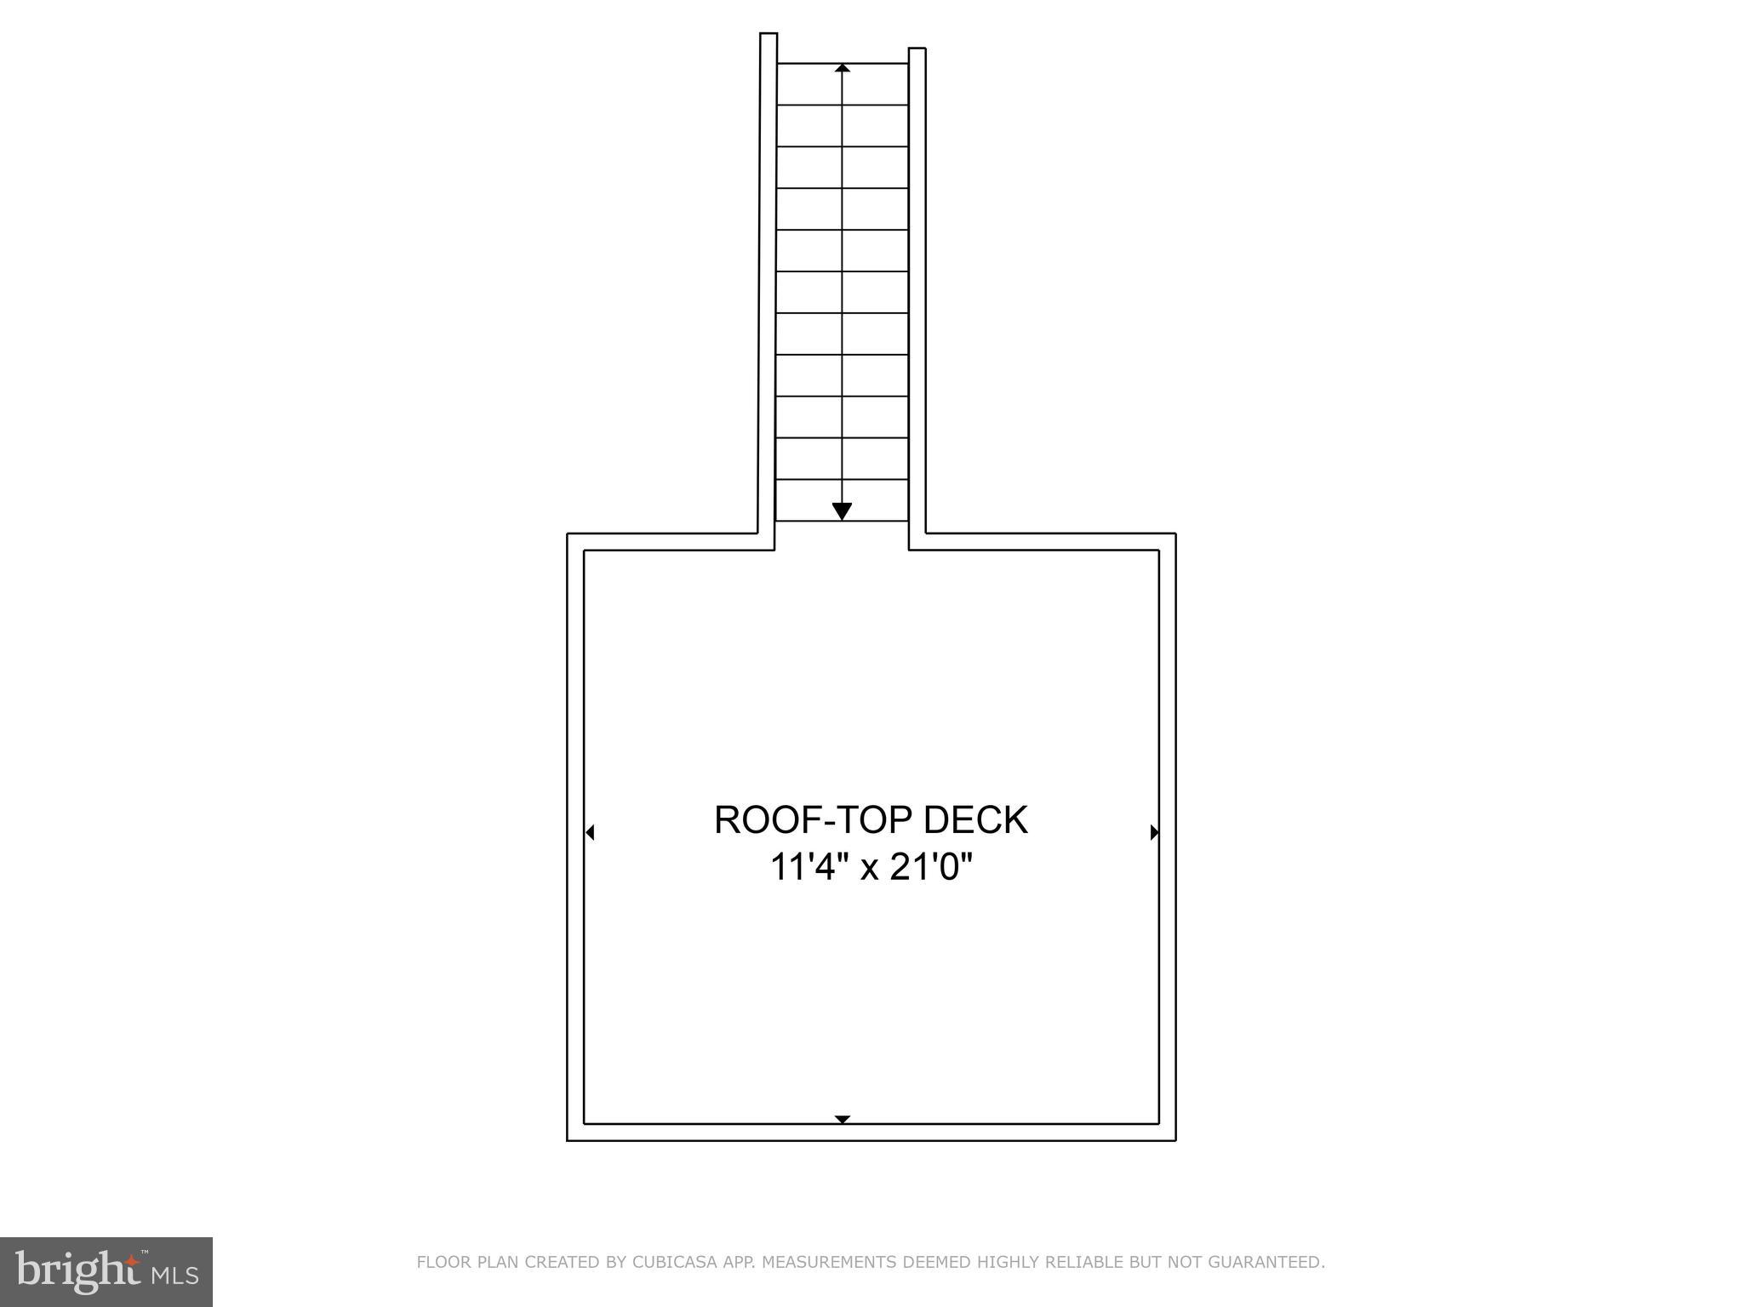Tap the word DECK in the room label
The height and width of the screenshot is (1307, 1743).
point(976,820)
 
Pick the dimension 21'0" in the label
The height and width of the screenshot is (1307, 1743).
point(931,868)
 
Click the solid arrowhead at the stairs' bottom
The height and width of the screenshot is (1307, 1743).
point(842,511)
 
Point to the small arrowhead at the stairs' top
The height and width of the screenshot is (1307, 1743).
point(843,67)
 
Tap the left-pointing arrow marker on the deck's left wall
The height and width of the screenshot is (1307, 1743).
point(589,832)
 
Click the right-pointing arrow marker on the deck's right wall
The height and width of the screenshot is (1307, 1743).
point(1154,832)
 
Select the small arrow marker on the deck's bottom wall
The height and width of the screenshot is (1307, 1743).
point(843,1119)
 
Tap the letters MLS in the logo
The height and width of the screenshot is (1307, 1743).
point(175,1276)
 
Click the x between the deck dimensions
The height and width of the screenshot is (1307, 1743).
point(868,871)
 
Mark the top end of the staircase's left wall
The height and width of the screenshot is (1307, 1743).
point(769,33)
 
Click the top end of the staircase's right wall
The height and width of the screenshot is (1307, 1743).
point(917,49)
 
